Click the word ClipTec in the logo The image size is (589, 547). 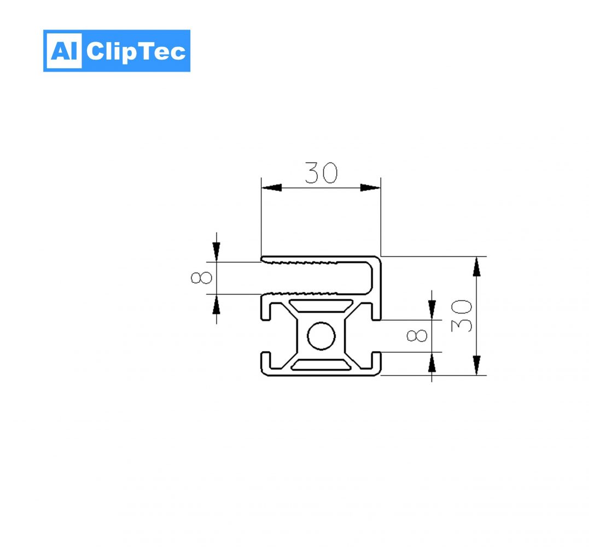pos(136,51)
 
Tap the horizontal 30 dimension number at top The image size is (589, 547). pos(321,173)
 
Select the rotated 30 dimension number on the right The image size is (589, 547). pos(462,316)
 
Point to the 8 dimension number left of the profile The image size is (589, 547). pos(201,278)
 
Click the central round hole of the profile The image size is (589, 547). pos(320,336)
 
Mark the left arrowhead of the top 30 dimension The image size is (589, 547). pos(271,188)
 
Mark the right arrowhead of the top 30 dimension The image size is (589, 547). pos(370,188)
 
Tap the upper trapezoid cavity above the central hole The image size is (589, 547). pos(320,305)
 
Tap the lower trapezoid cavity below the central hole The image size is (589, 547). pos(320,365)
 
